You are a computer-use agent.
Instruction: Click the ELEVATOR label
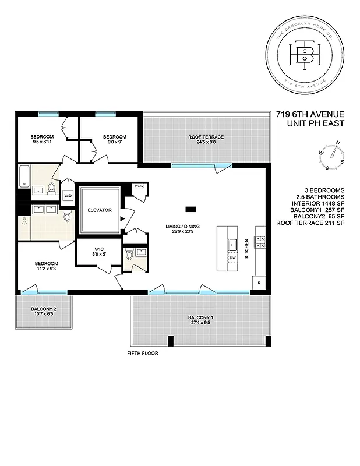coord(99,210)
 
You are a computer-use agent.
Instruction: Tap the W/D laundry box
coord(68,195)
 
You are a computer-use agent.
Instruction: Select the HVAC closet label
coord(139,186)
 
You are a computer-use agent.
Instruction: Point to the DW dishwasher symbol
coord(232,257)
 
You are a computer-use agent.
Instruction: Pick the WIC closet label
coord(98,248)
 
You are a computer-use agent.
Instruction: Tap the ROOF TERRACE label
coord(206,137)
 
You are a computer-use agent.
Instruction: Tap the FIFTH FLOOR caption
coord(142,354)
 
